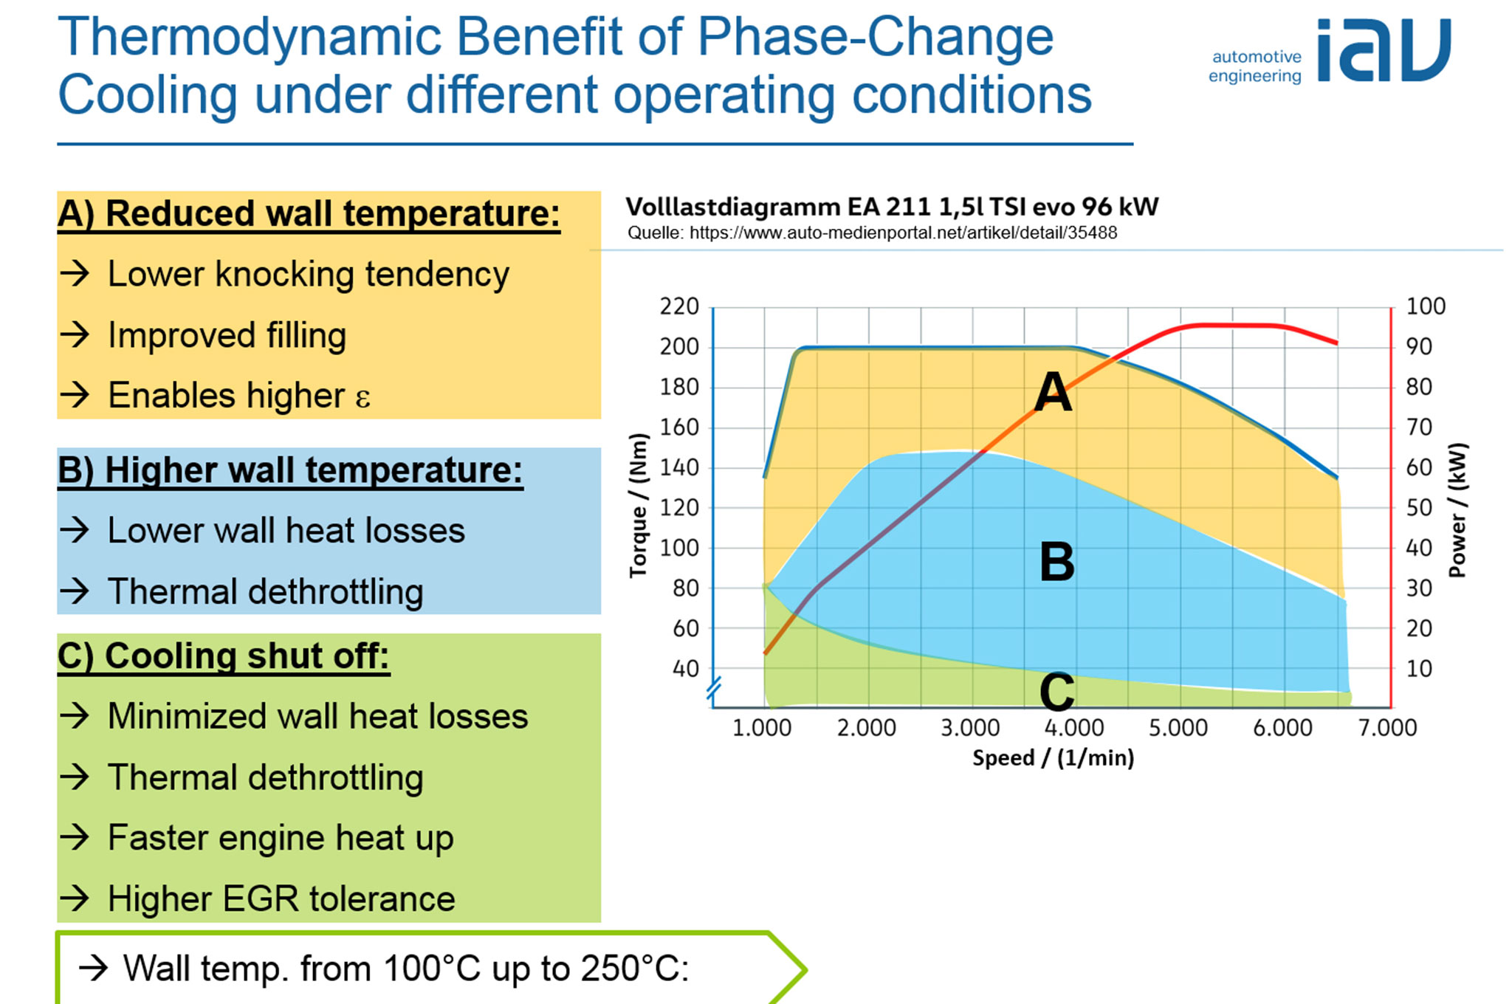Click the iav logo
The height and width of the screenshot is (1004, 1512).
click(x=1383, y=50)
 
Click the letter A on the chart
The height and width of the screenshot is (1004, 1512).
click(x=1053, y=392)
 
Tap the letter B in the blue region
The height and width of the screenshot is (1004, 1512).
click(x=1056, y=562)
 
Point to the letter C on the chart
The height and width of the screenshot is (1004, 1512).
click(x=1056, y=692)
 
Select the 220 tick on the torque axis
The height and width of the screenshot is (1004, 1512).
click(x=679, y=306)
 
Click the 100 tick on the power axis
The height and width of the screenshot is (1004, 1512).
click(x=1425, y=306)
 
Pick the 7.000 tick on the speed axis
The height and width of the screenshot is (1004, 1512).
click(x=1387, y=728)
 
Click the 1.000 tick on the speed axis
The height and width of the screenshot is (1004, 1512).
click(x=761, y=728)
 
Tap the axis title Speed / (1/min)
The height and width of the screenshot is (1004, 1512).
click(x=1053, y=758)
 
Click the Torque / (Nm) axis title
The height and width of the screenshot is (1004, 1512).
click(x=638, y=506)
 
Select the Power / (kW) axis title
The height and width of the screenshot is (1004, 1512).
click(x=1457, y=509)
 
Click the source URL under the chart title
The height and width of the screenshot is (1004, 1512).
click(x=902, y=233)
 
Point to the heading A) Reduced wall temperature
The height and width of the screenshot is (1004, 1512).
click(x=309, y=214)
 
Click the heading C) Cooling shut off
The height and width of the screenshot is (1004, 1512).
click(x=223, y=656)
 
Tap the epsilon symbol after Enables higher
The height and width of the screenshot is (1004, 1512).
click(x=362, y=397)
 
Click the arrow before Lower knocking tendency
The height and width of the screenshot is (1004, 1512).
click(x=75, y=274)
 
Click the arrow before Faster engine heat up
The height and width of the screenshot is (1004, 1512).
click(x=75, y=838)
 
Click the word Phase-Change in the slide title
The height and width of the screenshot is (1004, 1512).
click(x=876, y=37)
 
